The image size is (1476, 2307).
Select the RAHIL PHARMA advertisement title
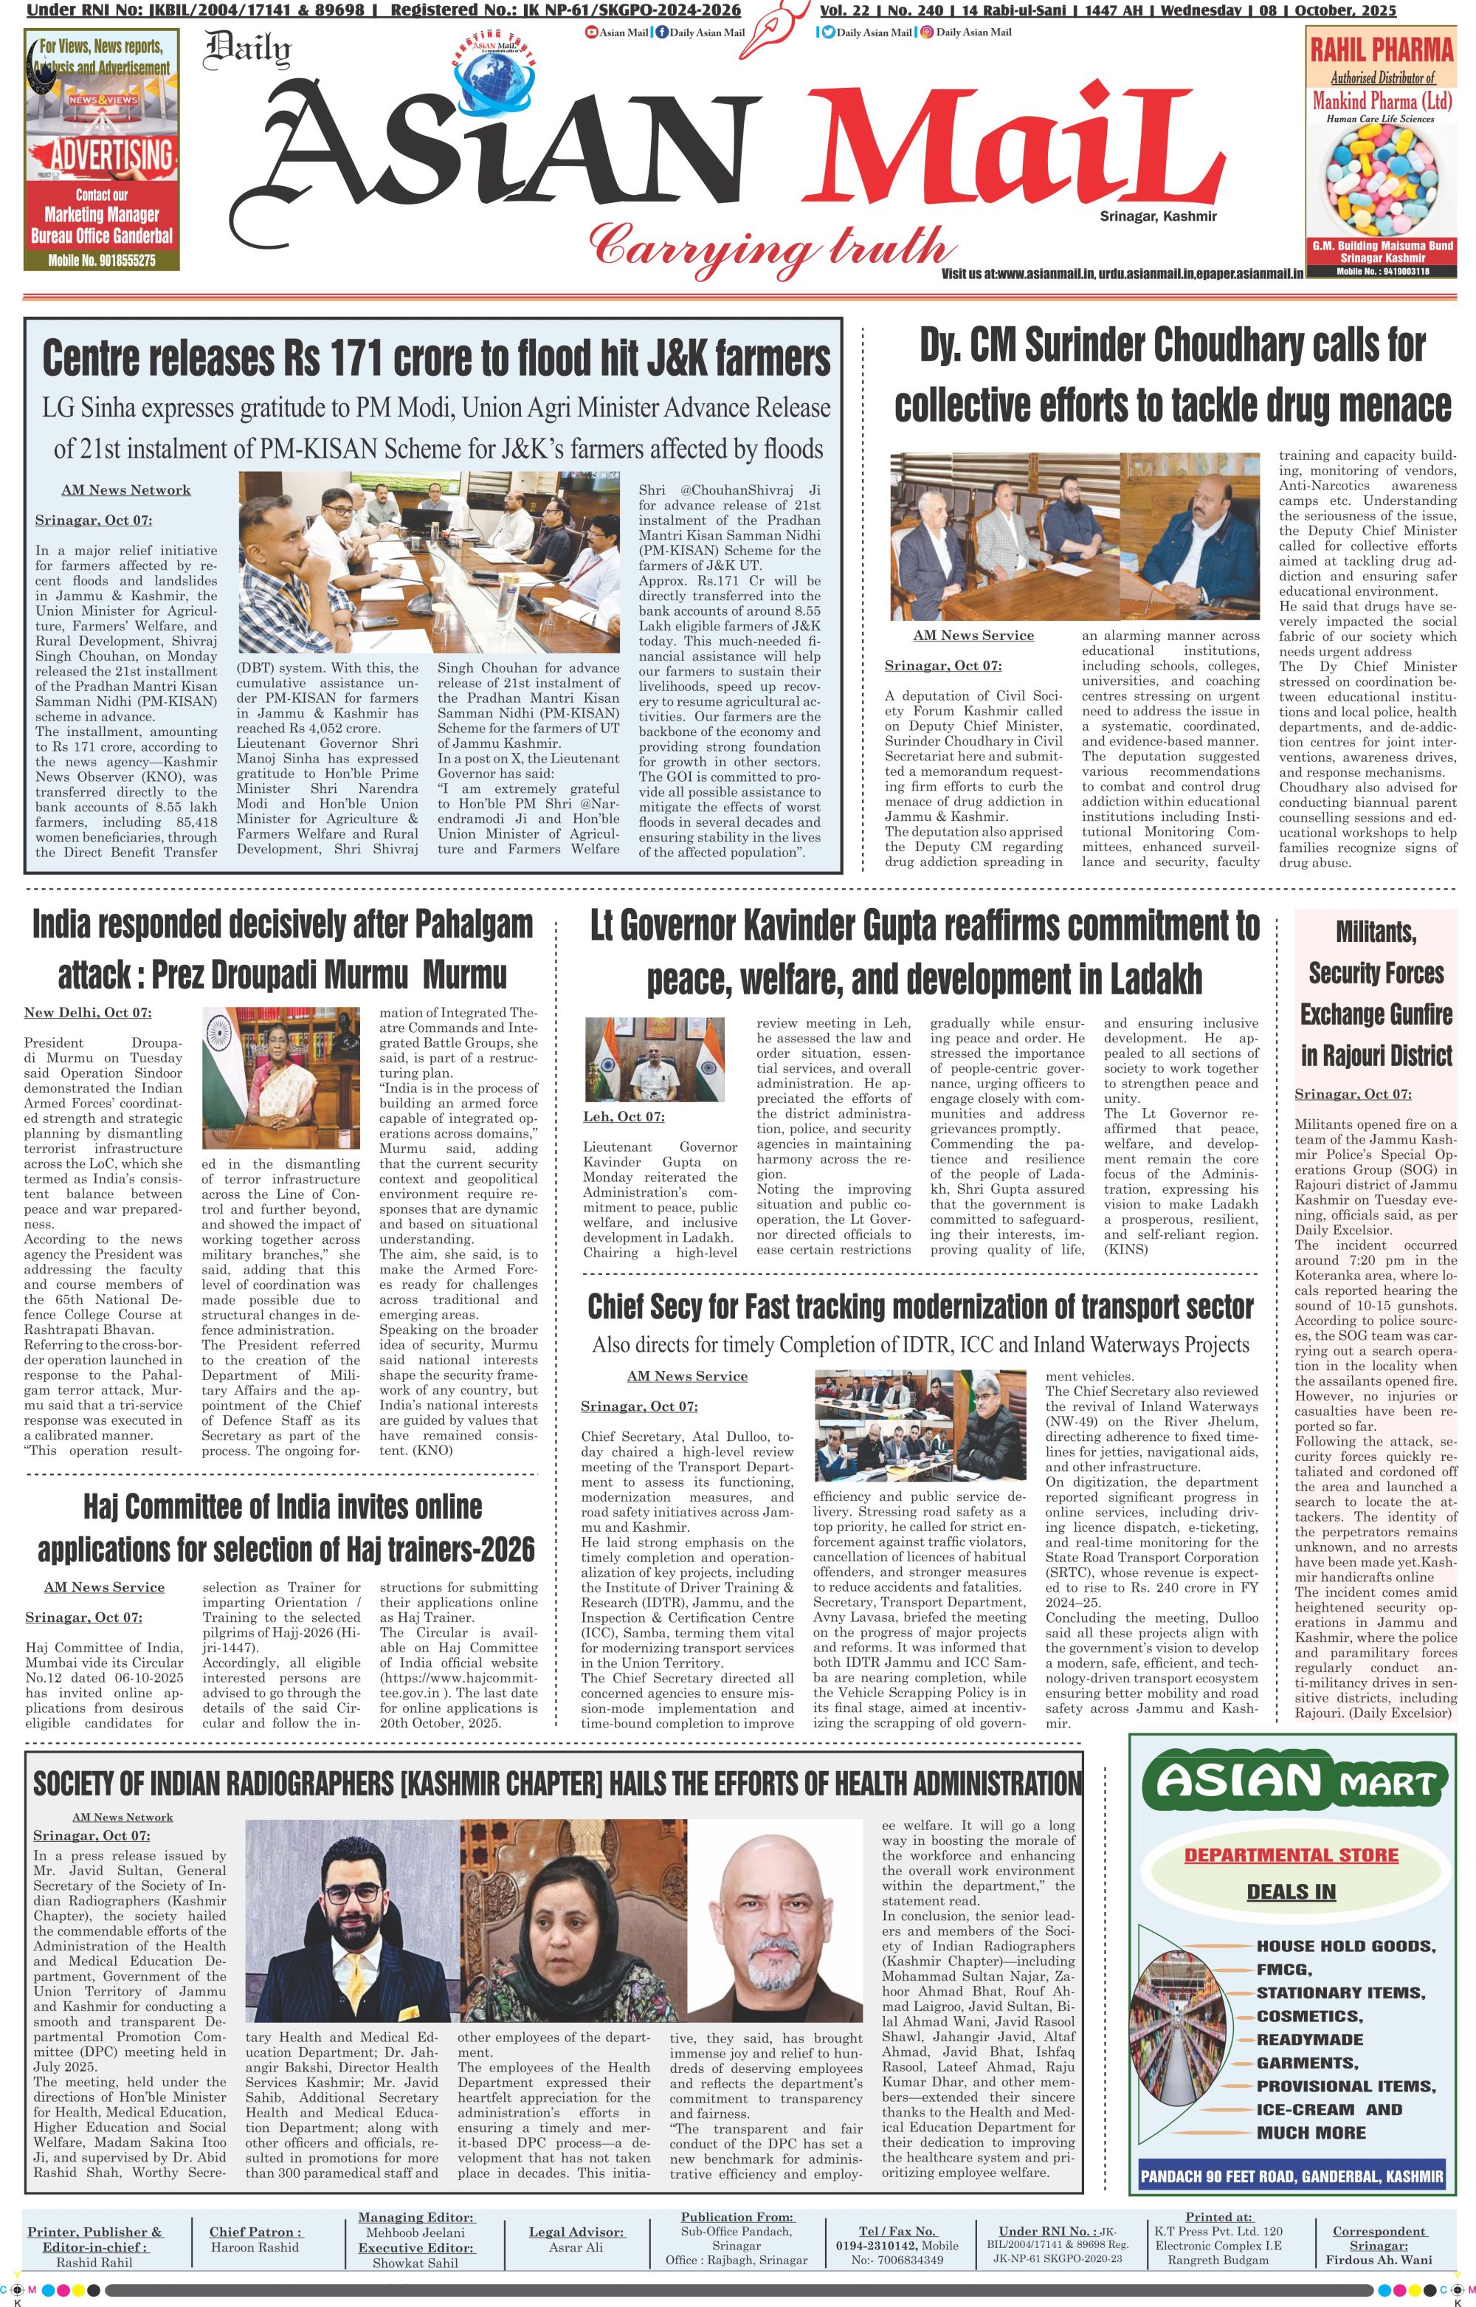click(1381, 48)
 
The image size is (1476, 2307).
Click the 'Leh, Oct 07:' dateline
click(624, 1117)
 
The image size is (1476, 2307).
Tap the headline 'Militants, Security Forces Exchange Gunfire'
click(1376, 993)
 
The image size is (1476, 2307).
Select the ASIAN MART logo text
click(1290, 1782)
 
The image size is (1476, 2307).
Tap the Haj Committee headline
click(286, 1527)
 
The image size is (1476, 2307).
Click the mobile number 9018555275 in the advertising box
click(102, 260)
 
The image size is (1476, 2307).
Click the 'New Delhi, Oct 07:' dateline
click(87, 1013)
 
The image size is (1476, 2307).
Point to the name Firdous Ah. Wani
click(1379, 2260)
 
